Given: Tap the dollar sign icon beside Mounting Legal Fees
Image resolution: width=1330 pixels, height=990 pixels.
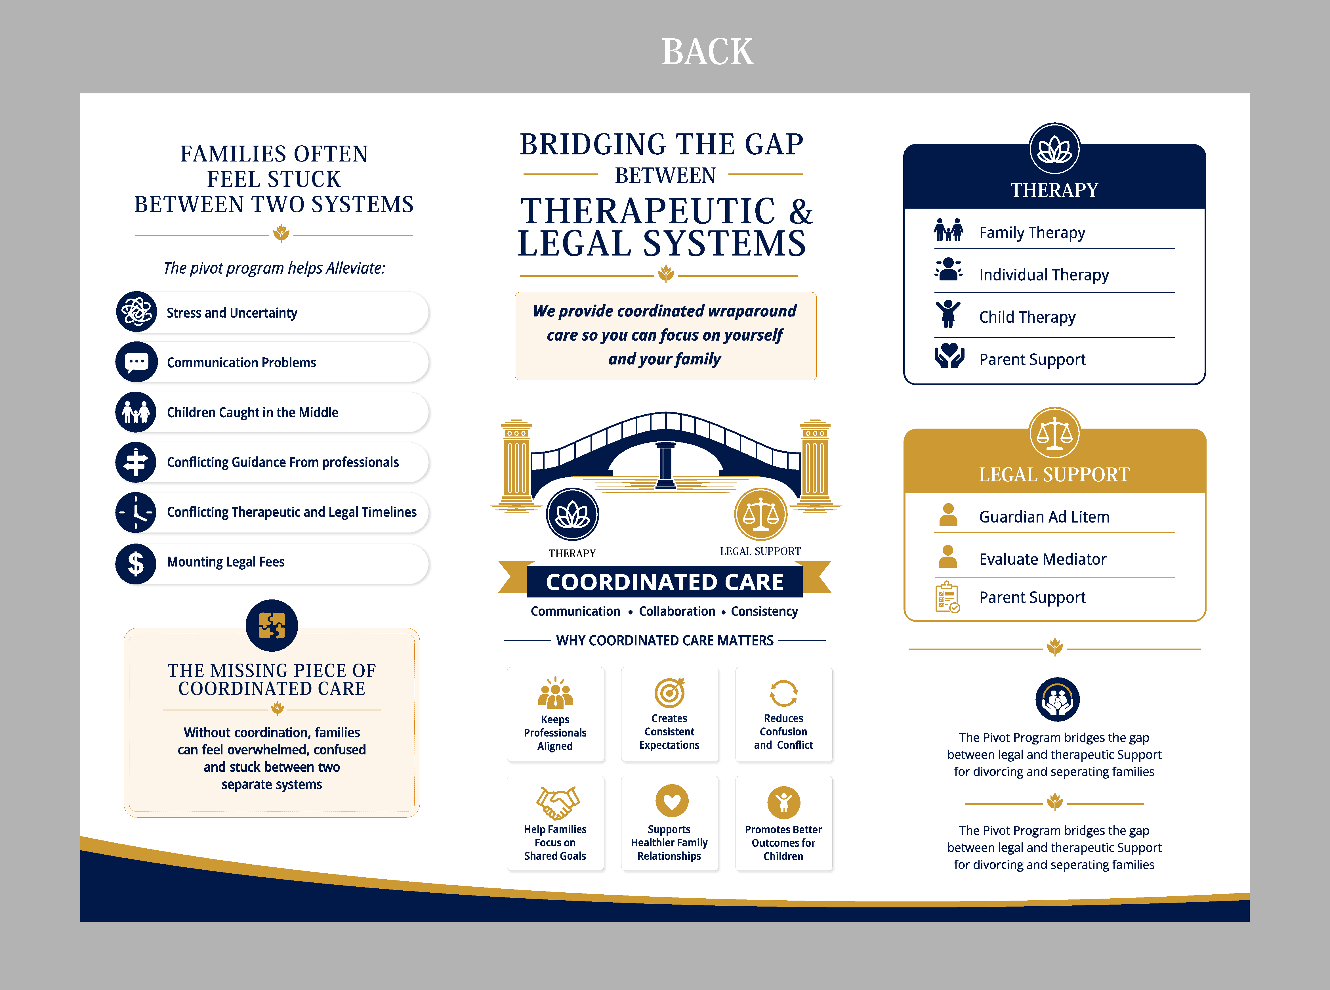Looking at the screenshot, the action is click(136, 563).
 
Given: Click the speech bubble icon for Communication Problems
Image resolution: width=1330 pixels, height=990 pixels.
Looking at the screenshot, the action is click(136, 362).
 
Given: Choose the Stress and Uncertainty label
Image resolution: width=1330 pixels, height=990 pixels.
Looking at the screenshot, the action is click(232, 313).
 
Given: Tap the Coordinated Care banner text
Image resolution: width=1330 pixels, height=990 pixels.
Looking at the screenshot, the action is click(665, 582).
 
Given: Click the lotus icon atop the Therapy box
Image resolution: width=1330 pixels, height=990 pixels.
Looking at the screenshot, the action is click(1054, 149).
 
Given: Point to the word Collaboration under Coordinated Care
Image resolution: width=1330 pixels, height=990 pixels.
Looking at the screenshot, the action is click(677, 611).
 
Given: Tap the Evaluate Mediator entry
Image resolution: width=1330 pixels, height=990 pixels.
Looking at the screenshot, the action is click(1043, 559).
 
